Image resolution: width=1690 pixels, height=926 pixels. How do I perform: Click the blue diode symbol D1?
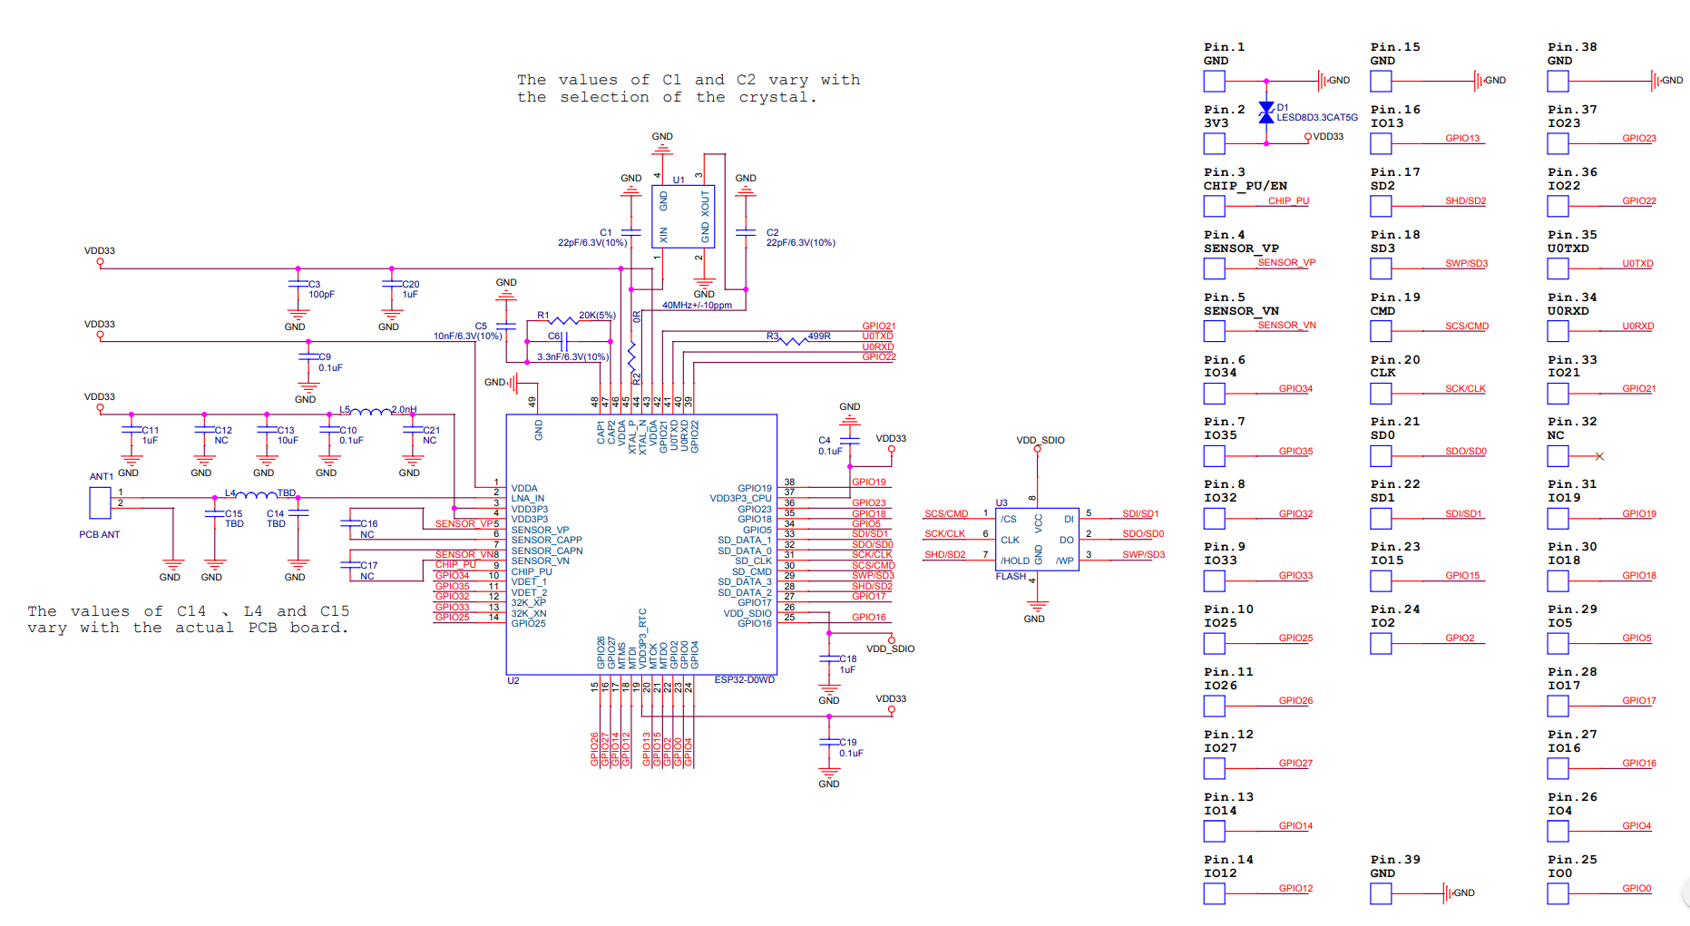coord(1266,112)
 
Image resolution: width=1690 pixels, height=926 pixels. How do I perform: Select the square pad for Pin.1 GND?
coord(1214,82)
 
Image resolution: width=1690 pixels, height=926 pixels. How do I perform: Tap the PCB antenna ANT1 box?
coord(100,502)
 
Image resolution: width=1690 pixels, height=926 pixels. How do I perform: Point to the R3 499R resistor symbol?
coord(794,340)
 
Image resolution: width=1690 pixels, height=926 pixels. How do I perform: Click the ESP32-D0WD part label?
coord(744,680)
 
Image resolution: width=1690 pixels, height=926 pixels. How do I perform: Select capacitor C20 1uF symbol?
coord(392,284)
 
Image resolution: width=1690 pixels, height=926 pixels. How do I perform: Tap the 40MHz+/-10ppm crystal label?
coord(697,306)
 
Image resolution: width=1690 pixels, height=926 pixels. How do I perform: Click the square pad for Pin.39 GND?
coord(1381,893)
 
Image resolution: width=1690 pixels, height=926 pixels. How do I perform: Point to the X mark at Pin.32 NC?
coord(1599,456)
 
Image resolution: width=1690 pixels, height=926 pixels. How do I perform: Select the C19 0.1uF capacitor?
coord(828,742)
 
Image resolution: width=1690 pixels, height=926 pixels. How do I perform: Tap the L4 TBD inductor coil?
coord(257,495)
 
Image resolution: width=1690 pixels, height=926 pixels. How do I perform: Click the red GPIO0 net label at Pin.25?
coord(1636,888)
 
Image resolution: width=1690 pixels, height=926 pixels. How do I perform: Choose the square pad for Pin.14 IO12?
coord(1214,893)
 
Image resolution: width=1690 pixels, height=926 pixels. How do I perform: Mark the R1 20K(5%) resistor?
coord(563,320)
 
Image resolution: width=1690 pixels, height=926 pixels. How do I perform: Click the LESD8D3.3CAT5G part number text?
coord(1317,118)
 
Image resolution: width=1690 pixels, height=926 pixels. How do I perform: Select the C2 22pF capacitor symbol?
coord(746,233)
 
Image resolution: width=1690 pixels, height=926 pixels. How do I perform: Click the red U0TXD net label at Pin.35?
coord(1637,264)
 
